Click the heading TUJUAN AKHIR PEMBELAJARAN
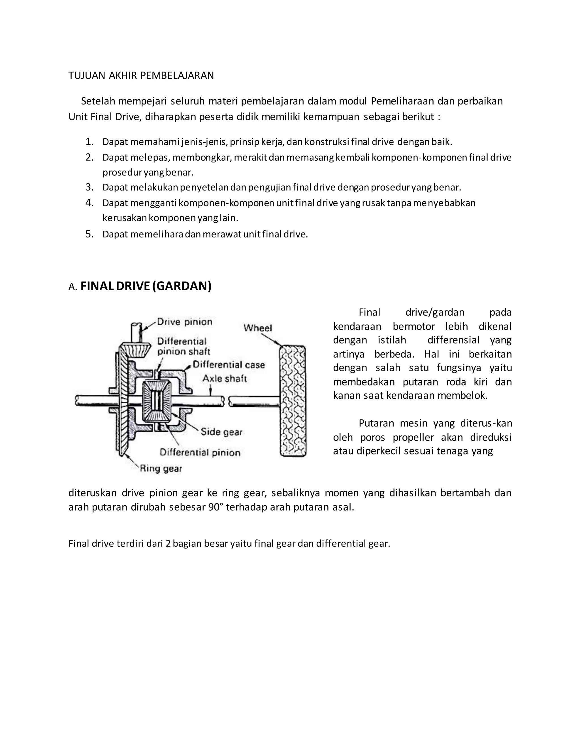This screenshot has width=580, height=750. click(141, 76)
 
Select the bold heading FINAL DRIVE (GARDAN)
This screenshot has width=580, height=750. click(146, 286)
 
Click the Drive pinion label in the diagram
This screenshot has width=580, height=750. click(185, 322)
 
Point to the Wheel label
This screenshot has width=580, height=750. click(258, 328)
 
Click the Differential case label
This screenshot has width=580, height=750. click(229, 365)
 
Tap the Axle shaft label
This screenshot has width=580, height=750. click(225, 378)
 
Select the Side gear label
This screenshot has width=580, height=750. click(222, 432)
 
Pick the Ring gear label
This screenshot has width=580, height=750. click(161, 468)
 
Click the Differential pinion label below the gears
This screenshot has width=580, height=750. click(200, 453)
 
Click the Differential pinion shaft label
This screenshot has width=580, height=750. click(184, 346)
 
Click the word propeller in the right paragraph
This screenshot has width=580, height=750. click(414, 438)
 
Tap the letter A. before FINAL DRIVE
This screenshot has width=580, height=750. click(73, 287)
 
